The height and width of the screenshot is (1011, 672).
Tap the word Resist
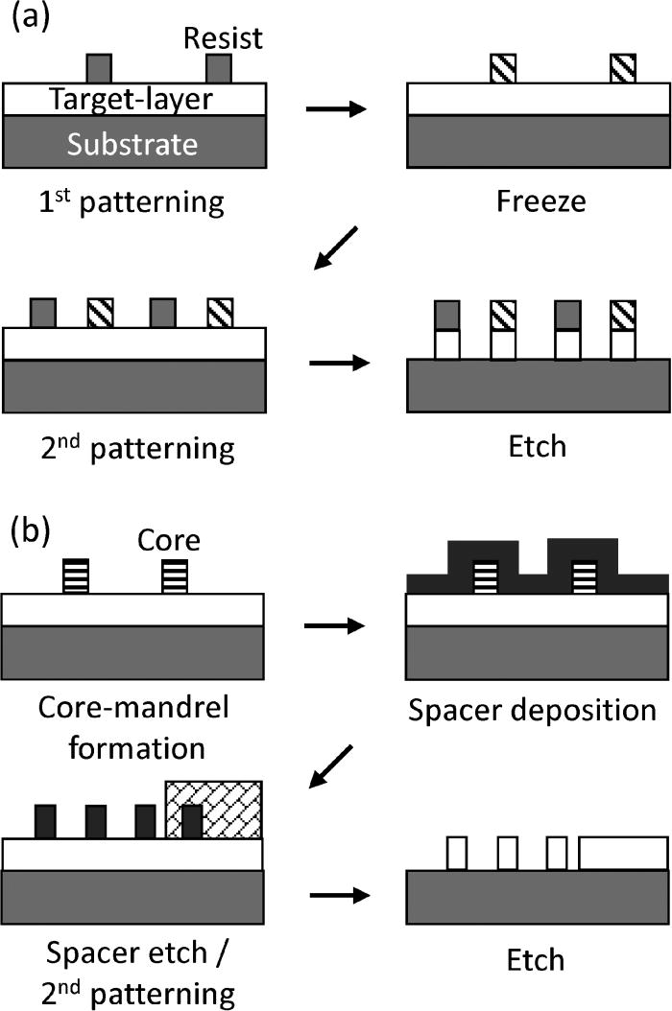[222, 39]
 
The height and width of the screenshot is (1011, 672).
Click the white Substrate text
[132, 143]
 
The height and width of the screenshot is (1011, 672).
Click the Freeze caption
[539, 202]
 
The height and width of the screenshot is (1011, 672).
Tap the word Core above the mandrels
[169, 540]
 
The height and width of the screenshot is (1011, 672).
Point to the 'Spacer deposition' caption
[532, 712]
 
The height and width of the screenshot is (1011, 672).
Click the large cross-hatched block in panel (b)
[213, 810]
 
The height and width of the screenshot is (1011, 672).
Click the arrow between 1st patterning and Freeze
[335, 109]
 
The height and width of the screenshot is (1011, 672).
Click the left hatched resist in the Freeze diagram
[502, 68]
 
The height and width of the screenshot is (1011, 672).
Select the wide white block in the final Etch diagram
[623, 852]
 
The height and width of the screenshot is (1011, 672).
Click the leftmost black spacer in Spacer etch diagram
[46, 822]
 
